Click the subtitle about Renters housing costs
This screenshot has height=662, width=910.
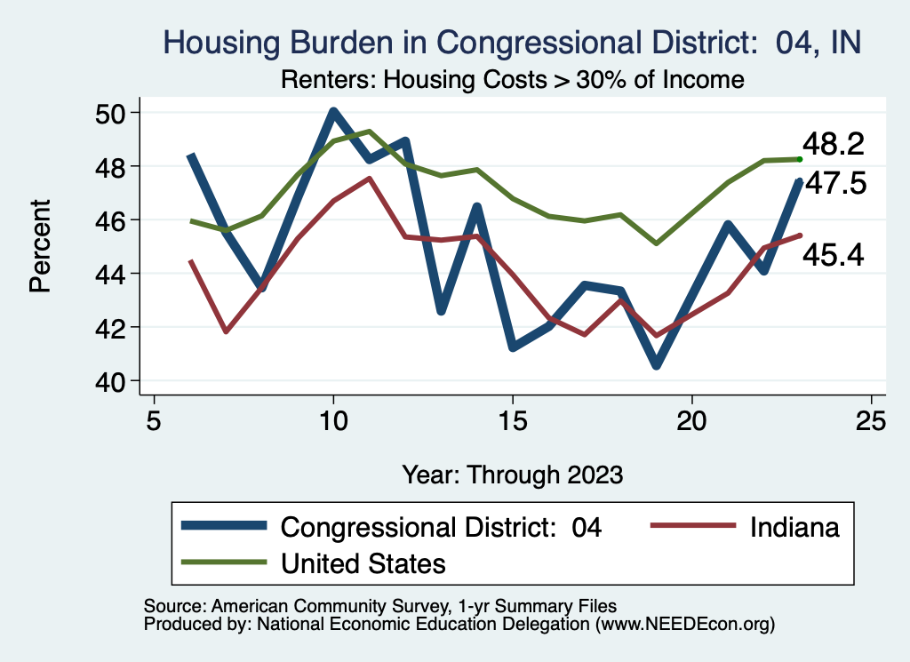pyautogui.click(x=512, y=80)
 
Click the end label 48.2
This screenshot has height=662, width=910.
pyautogui.click(x=834, y=144)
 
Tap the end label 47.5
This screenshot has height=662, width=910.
pyautogui.click(x=835, y=184)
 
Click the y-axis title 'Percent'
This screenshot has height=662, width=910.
pyautogui.click(x=39, y=246)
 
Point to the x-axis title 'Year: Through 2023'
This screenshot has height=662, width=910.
pyautogui.click(x=512, y=473)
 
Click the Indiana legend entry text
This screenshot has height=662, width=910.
pyautogui.click(x=794, y=527)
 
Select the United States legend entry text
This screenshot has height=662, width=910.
pyautogui.click(x=363, y=562)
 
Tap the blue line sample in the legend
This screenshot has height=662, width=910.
pyautogui.click(x=224, y=526)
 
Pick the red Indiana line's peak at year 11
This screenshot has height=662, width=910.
pyautogui.click(x=369, y=178)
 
